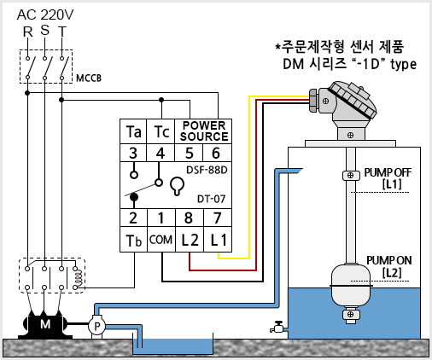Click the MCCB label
pyautogui.click(x=89, y=78)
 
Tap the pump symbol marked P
pyautogui.click(x=96, y=326)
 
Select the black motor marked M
pyautogui.click(x=45, y=324)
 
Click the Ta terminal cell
pyautogui.click(x=133, y=131)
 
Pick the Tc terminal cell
pyautogui.click(x=161, y=131)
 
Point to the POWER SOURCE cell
pyautogui.click(x=203, y=131)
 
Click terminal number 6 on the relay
pyautogui.click(x=216, y=153)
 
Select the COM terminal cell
pyautogui.click(x=161, y=240)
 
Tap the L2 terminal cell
pyautogui.click(x=190, y=240)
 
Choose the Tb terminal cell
pyautogui.click(x=133, y=240)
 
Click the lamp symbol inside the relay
pyautogui.click(x=177, y=186)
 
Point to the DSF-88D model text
pyautogui.click(x=207, y=170)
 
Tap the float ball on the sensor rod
pyautogui.click(x=351, y=286)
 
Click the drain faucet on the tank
pyautogui.click(x=277, y=327)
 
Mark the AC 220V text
pyautogui.click(x=45, y=15)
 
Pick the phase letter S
pyautogui.click(x=44, y=30)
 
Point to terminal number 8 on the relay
pyautogui.click(x=189, y=218)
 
